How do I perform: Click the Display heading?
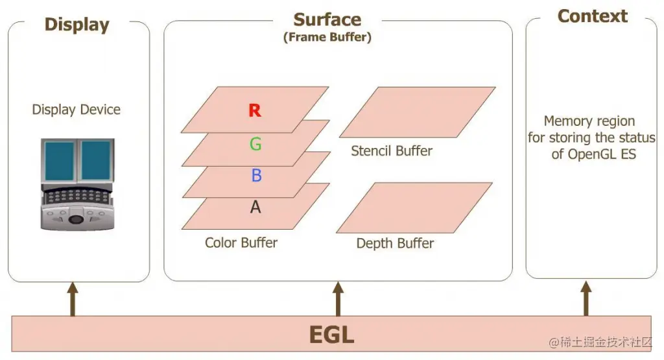click(77, 25)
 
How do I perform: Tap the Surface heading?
click(327, 19)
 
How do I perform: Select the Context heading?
click(592, 16)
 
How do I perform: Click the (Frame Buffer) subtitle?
click(327, 37)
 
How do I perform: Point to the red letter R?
click(255, 111)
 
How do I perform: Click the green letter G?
click(255, 144)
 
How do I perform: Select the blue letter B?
click(255, 176)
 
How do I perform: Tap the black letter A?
click(255, 207)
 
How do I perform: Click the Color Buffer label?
click(241, 243)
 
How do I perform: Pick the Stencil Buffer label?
click(392, 151)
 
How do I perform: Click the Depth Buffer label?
click(395, 243)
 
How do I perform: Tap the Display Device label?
click(77, 110)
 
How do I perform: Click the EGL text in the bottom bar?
click(331, 335)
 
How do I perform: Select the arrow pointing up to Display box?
click(73, 299)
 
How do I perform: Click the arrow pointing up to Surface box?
click(337, 299)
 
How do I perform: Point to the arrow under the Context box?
click(586, 299)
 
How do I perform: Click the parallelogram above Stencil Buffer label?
click(417, 112)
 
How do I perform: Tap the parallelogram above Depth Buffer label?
click(414, 208)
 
